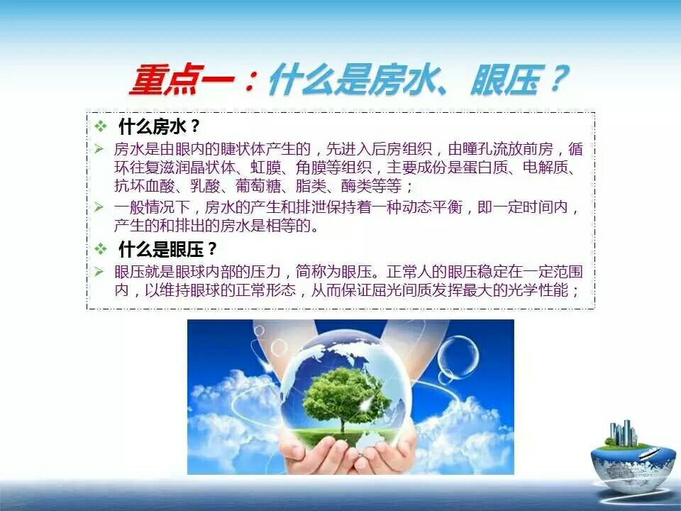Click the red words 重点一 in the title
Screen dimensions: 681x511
tap(182, 80)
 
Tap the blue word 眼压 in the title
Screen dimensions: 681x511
tap(506, 80)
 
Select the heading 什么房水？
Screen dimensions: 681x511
tap(160, 126)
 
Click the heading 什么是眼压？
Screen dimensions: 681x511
tap(167, 249)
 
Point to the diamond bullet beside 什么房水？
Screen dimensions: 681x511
tap(101, 126)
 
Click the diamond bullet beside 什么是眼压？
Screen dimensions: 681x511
tap(101, 249)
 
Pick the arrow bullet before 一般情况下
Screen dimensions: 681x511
tap(99, 207)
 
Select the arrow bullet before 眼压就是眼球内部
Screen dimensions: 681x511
tap(99, 272)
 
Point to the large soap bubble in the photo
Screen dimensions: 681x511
tap(458, 357)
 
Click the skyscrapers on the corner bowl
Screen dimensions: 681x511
tap(624, 433)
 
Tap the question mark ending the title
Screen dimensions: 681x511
tap(558, 79)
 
